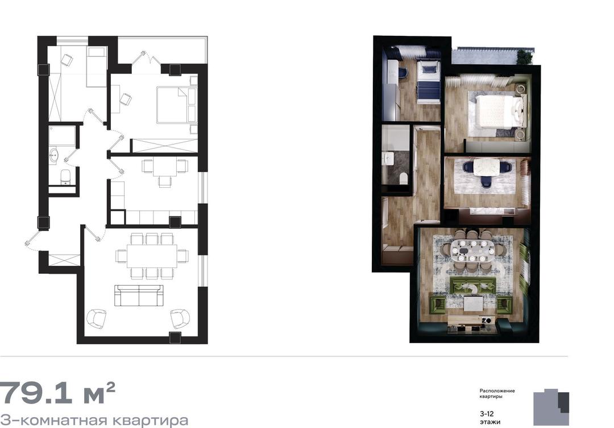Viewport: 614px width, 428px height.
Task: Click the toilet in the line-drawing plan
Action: point(65,177)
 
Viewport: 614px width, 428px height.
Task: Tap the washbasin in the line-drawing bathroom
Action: point(53,155)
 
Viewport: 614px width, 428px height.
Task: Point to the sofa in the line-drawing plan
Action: point(139,295)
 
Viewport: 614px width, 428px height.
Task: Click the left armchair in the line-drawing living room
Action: point(96,319)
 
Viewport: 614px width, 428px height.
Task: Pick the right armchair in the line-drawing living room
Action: point(180,319)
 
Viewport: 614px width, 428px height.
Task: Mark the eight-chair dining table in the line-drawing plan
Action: point(152,256)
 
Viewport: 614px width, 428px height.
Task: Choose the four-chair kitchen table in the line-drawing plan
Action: point(165,171)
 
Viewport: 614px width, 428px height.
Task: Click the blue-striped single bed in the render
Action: point(428,81)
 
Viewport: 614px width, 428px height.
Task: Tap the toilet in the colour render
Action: point(403,179)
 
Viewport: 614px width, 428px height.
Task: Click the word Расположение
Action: point(497,391)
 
